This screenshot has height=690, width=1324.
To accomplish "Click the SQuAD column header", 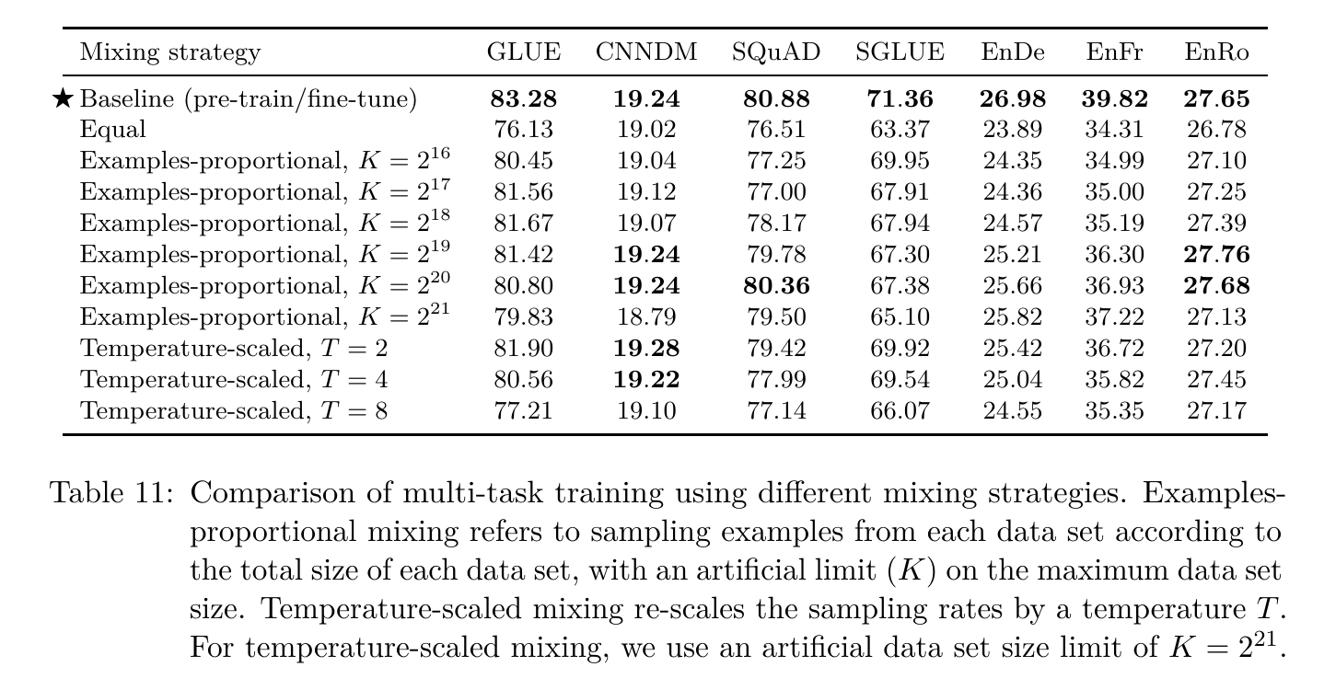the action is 776,52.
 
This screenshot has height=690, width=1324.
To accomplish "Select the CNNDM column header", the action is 646,52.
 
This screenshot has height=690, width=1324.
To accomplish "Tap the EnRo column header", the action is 1216,52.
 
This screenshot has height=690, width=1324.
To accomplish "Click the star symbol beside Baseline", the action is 62,98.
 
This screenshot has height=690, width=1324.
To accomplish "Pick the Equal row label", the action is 112,130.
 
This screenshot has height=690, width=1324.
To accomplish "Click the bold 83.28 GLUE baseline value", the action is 523,98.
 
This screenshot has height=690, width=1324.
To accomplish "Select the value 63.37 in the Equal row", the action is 900,130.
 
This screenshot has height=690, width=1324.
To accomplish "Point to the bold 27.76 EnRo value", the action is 1216,255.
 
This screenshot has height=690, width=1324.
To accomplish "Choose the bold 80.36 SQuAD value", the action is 776,286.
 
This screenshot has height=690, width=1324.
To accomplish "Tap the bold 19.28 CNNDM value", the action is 646,349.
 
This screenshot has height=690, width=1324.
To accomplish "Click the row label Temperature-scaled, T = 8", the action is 234,410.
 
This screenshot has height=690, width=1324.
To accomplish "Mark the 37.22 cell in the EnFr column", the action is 1114,317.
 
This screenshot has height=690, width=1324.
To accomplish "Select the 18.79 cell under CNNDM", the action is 646,317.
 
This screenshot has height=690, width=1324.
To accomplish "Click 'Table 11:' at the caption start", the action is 111,493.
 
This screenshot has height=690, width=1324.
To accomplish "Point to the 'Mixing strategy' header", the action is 170,52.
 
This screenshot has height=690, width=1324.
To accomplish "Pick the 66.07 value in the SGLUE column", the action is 900,410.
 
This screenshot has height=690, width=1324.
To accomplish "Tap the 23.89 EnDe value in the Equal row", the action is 1013,130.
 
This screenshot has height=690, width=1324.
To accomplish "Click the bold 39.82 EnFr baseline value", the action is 1114,98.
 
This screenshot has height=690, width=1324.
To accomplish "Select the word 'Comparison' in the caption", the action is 291,494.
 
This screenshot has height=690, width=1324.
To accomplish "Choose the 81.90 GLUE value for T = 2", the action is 523,349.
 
